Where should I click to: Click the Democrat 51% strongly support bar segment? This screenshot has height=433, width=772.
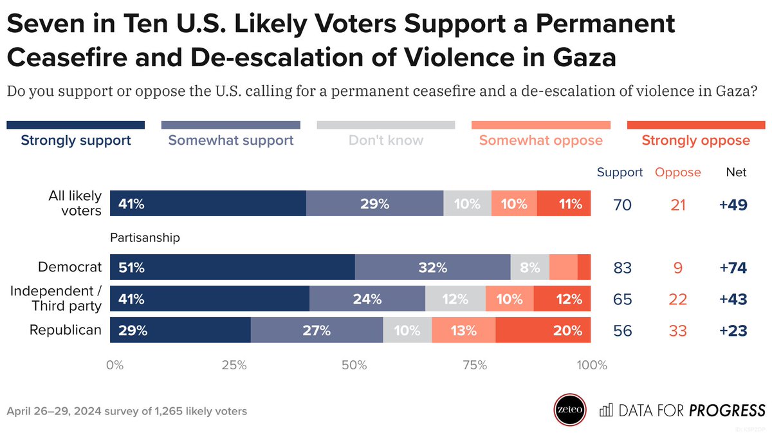point(232,267)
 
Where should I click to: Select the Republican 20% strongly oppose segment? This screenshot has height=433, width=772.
point(543,331)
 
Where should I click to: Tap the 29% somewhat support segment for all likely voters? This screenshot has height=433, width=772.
point(374,203)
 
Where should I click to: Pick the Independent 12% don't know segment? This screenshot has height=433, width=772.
point(455,299)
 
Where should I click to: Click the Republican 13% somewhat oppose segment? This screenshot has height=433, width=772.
point(463,331)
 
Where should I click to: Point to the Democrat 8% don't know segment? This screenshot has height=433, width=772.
point(529,267)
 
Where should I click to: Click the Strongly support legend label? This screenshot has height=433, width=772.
point(76,140)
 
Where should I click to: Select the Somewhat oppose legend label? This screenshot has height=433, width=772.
point(540,140)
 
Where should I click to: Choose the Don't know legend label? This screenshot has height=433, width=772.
point(386,140)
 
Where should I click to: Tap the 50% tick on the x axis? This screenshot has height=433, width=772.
point(354,365)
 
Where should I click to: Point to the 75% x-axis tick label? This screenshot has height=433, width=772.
point(474,365)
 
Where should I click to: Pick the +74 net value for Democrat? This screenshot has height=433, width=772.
point(733,268)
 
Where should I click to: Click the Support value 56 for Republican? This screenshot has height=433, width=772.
point(622,331)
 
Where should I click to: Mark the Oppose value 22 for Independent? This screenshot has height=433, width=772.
point(677,299)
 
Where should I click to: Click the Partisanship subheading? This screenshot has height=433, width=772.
point(145,237)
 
